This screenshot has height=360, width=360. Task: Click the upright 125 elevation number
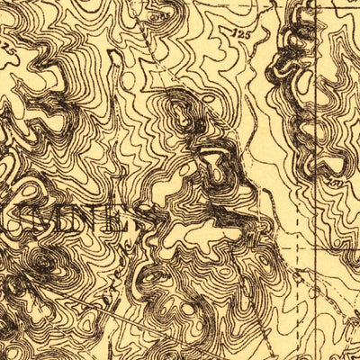click(238, 33)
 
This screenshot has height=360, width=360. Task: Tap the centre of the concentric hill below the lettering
click(43, 263)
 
